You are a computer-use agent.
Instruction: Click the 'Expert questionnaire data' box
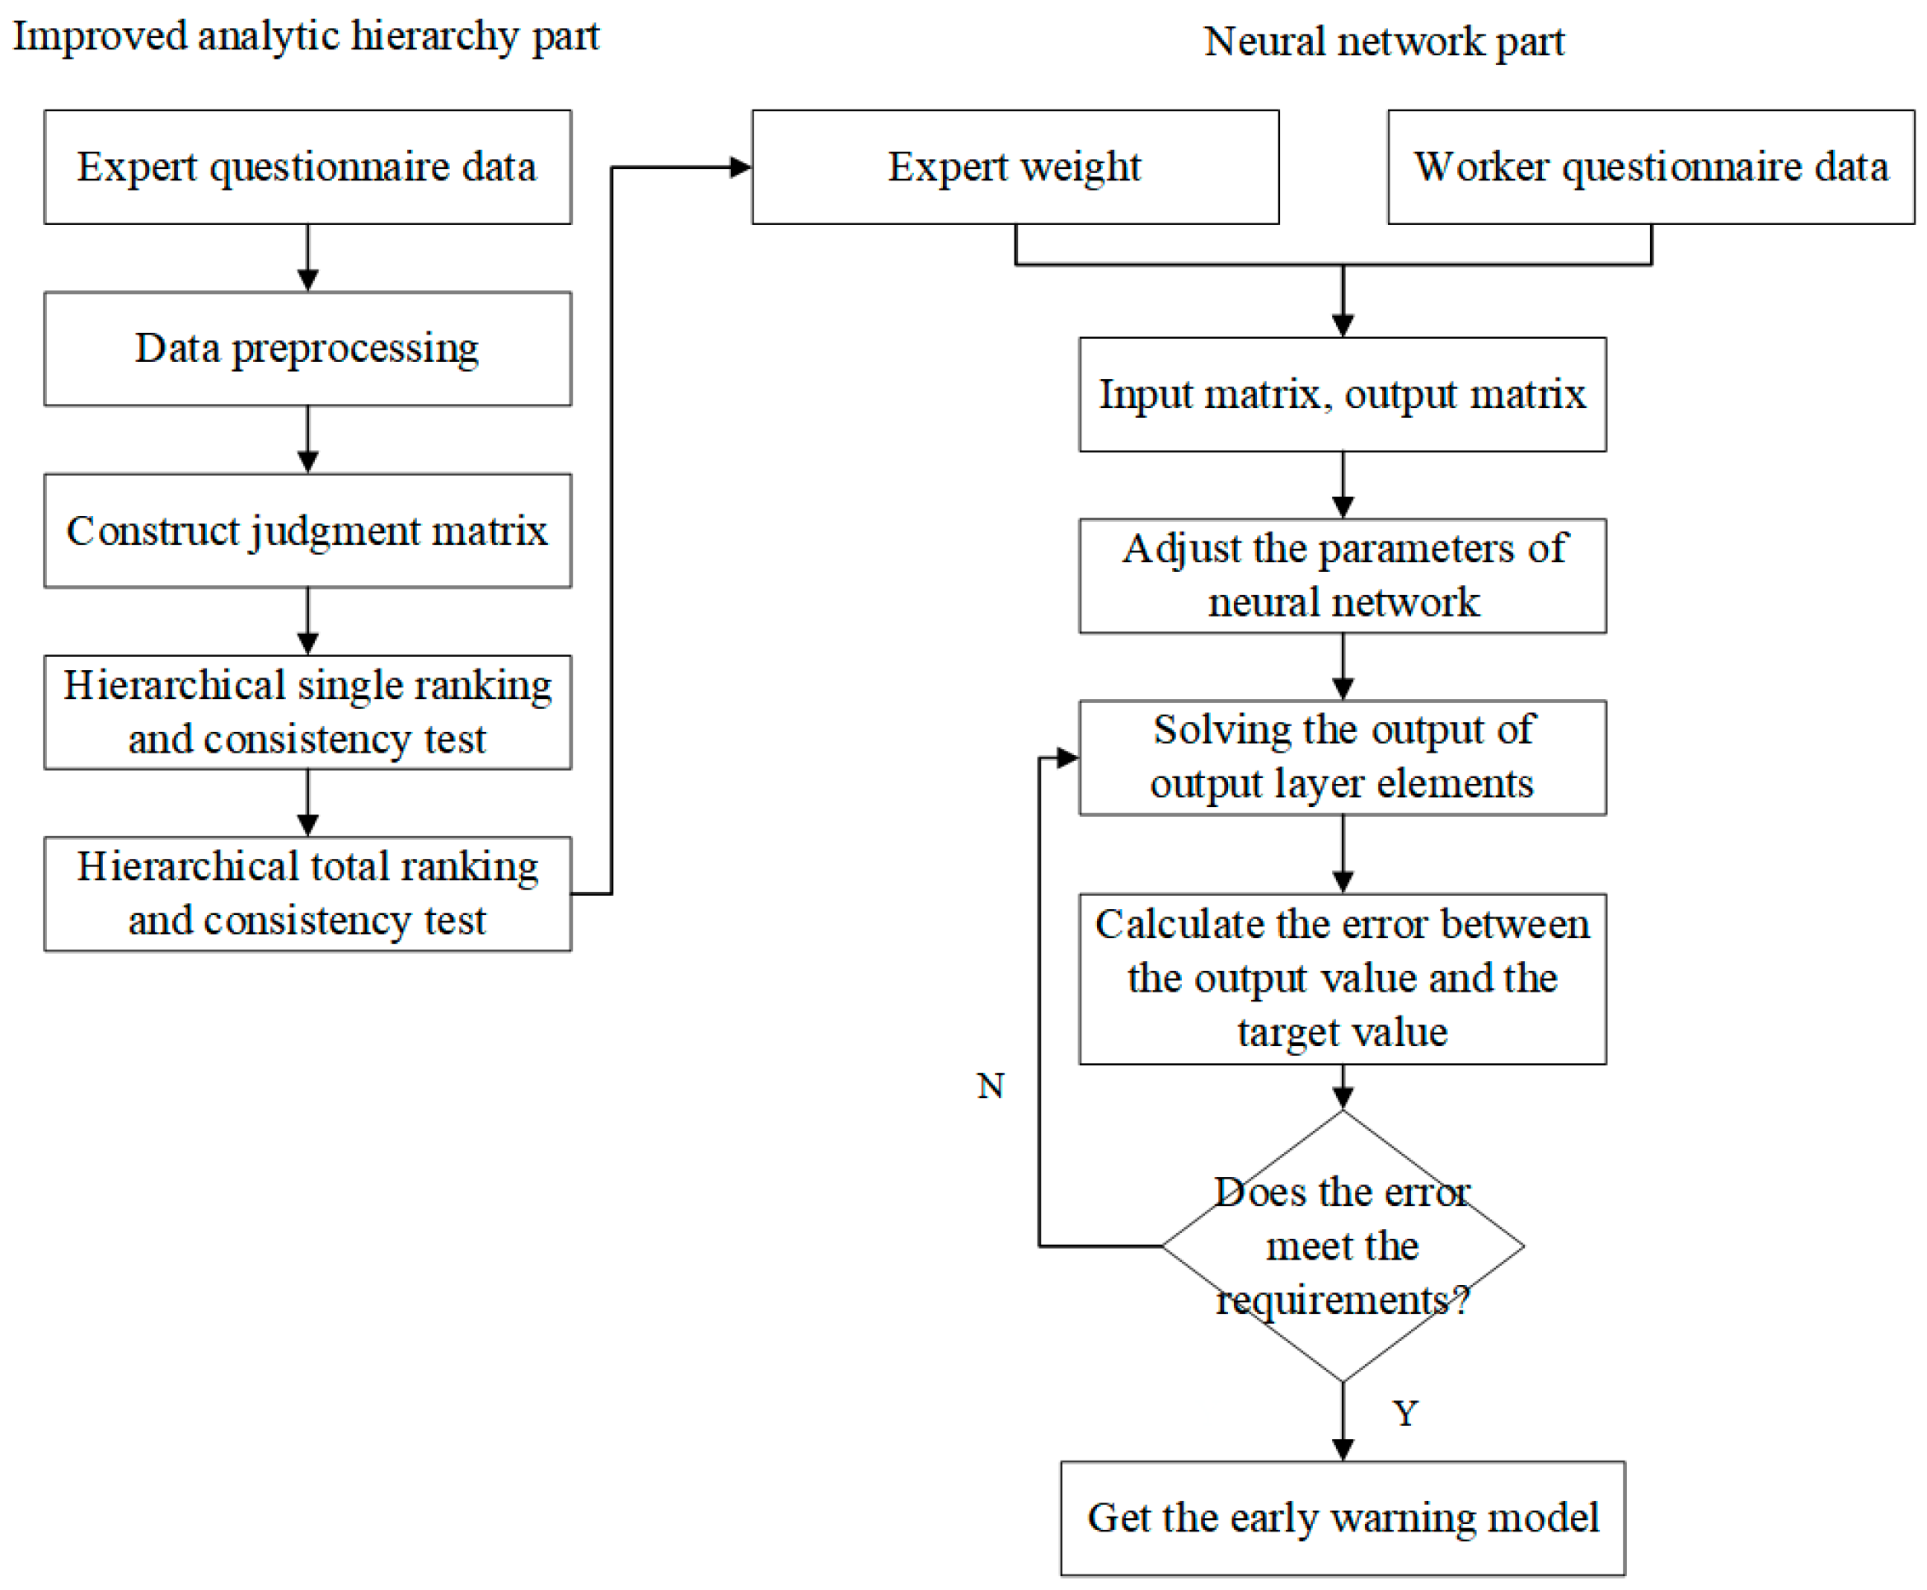click(307, 167)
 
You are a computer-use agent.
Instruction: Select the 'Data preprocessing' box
click(307, 348)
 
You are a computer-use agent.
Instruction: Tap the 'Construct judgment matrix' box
click(307, 530)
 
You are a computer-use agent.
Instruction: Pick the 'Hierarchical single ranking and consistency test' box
click(307, 711)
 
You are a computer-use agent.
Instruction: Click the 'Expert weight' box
click(1015, 167)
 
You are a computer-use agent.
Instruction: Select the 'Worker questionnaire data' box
click(1650, 167)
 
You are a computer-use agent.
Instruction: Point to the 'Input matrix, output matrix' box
click(1342, 394)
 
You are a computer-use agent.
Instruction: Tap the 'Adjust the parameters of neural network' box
click(1342, 575)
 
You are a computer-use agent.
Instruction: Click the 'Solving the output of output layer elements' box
click(1342, 757)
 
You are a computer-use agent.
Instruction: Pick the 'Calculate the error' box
click(1342, 978)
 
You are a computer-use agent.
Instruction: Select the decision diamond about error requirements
click(1342, 1245)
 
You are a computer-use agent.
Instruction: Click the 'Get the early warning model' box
click(1342, 1517)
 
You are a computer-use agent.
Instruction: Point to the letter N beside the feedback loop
click(990, 1086)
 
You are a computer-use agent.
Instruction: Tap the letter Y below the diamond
click(1405, 1414)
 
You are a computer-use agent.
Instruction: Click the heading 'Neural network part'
click(1383, 41)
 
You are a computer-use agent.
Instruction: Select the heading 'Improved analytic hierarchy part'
click(305, 36)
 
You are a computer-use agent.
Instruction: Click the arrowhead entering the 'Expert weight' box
click(740, 167)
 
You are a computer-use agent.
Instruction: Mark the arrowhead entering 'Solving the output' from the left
click(1067, 757)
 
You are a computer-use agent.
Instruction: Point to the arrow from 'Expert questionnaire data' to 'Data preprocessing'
click(307, 258)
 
